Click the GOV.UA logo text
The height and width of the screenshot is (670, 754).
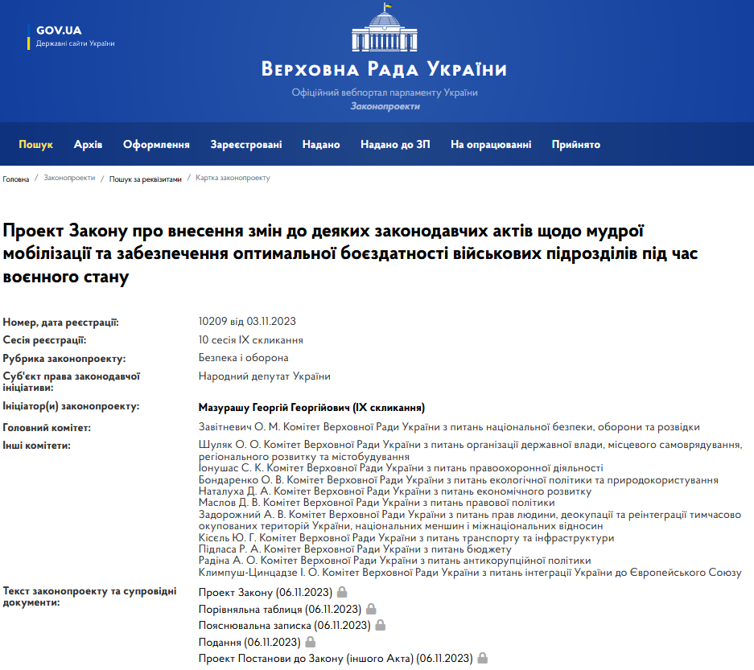tap(59, 31)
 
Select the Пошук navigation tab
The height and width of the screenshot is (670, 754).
tap(36, 145)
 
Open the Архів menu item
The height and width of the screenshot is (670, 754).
tap(88, 145)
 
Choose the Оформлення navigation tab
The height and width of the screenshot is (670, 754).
tap(156, 145)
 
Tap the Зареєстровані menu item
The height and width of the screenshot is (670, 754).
tap(246, 145)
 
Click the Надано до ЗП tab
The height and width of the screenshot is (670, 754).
tap(395, 145)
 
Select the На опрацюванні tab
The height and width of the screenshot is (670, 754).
tap(491, 145)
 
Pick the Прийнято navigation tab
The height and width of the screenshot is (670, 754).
tap(576, 145)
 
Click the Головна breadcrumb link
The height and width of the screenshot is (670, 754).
tap(15, 179)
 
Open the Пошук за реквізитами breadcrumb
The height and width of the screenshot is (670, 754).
tap(146, 179)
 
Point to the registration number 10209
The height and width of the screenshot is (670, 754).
tap(212, 323)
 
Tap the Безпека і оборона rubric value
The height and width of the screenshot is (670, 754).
tap(244, 358)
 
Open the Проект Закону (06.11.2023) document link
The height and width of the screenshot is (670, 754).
tap(266, 593)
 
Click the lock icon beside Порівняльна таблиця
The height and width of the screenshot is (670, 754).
tap(372, 609)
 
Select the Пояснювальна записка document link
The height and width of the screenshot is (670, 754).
tap(284, 625)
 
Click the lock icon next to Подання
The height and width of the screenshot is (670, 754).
tap(311, 642)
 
